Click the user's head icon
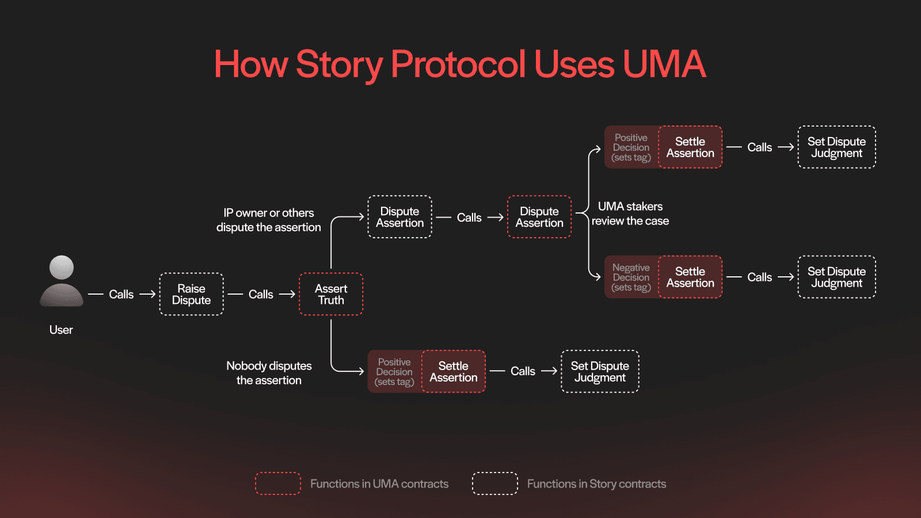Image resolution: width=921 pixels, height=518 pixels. [62, 268]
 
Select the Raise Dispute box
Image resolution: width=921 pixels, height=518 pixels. [191, 294]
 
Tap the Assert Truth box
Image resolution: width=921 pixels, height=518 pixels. [331, 294]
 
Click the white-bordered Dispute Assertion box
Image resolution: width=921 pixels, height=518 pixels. [399, 217]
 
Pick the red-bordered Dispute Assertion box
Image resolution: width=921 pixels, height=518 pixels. [539, 217]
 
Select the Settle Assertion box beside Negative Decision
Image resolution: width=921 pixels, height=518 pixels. [690, 277]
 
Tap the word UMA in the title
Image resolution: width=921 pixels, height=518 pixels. [664, 64]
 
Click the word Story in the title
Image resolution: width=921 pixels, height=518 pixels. [339, 64]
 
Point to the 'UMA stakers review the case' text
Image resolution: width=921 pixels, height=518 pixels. [630, 214]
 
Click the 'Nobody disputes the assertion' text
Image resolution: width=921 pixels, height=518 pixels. [269, 373]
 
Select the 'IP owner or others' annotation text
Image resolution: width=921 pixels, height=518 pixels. [269, 213]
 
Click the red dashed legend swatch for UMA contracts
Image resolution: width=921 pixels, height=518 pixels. [278, 483]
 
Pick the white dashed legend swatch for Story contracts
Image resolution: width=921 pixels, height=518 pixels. [494, 483]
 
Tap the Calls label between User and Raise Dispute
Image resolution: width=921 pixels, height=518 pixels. [121, 294]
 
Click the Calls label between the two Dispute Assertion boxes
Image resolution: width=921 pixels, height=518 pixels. [469, 218]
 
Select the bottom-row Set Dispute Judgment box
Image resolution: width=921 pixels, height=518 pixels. [600, 371]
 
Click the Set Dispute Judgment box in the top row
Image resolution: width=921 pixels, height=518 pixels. [836, 147]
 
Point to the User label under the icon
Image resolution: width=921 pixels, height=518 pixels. [61, 330]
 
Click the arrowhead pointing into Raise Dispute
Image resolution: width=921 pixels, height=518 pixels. [153, 294]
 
